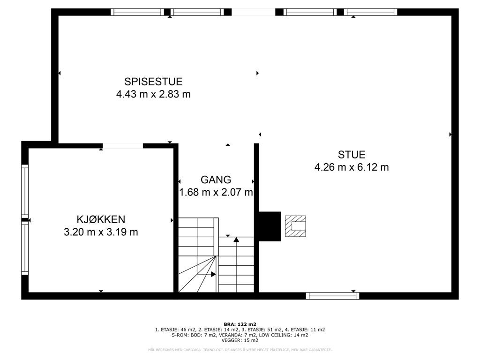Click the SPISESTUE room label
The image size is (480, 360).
pyautogui.click(x=153, y=82)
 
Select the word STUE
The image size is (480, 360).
pyautogui.click(x=352, y=154)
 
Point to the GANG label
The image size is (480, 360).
pyautogui.click(x=216, y=180)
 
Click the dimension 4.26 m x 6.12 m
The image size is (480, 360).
pyautogui.click(x=352, y=167)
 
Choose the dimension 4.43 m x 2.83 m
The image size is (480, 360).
pyautogui.click(x=153, y=94)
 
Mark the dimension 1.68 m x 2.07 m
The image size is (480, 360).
pyautogui.click(x=216, y=192)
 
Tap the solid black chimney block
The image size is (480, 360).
pyautogui.click(x=270, y=226)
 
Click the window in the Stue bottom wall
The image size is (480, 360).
pyautogui.click(x=333, y=296)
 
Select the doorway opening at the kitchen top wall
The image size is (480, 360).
pyautogui.click(x=123, y=146)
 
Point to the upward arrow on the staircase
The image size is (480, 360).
pyautogui.click(x=236, y=240)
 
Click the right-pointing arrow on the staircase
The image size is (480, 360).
pyautogui.click(x=213, y=274)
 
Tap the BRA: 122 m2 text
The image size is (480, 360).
pyautogui.click(x=240, y=324)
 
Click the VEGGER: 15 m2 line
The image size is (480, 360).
pyautogui.click(x=240, y=340)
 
